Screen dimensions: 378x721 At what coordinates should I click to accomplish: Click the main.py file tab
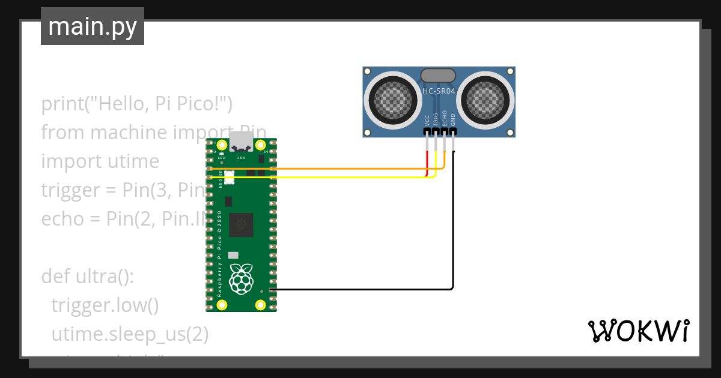click(92, 26)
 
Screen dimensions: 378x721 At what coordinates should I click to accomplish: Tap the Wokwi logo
click(638, 331)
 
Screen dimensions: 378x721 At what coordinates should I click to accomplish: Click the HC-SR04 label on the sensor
click(439, 91)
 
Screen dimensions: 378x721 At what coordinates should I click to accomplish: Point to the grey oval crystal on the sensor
click(438, 75)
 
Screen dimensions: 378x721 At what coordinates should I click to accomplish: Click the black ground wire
click(453, 240)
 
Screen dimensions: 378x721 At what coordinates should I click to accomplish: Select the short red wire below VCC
click(427, 163)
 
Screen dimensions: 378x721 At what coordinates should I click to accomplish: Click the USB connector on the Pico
click(242, 144)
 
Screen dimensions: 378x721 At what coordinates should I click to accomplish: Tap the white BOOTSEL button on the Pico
click(228, 178)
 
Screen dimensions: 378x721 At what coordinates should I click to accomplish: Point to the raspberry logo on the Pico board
click(242, 279)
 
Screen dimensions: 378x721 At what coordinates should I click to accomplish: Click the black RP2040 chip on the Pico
click(242, 224)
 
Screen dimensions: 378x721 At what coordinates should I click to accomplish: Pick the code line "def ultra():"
click(88, 277)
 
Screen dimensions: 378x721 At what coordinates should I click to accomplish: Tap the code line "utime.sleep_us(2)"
click(130, 334)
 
